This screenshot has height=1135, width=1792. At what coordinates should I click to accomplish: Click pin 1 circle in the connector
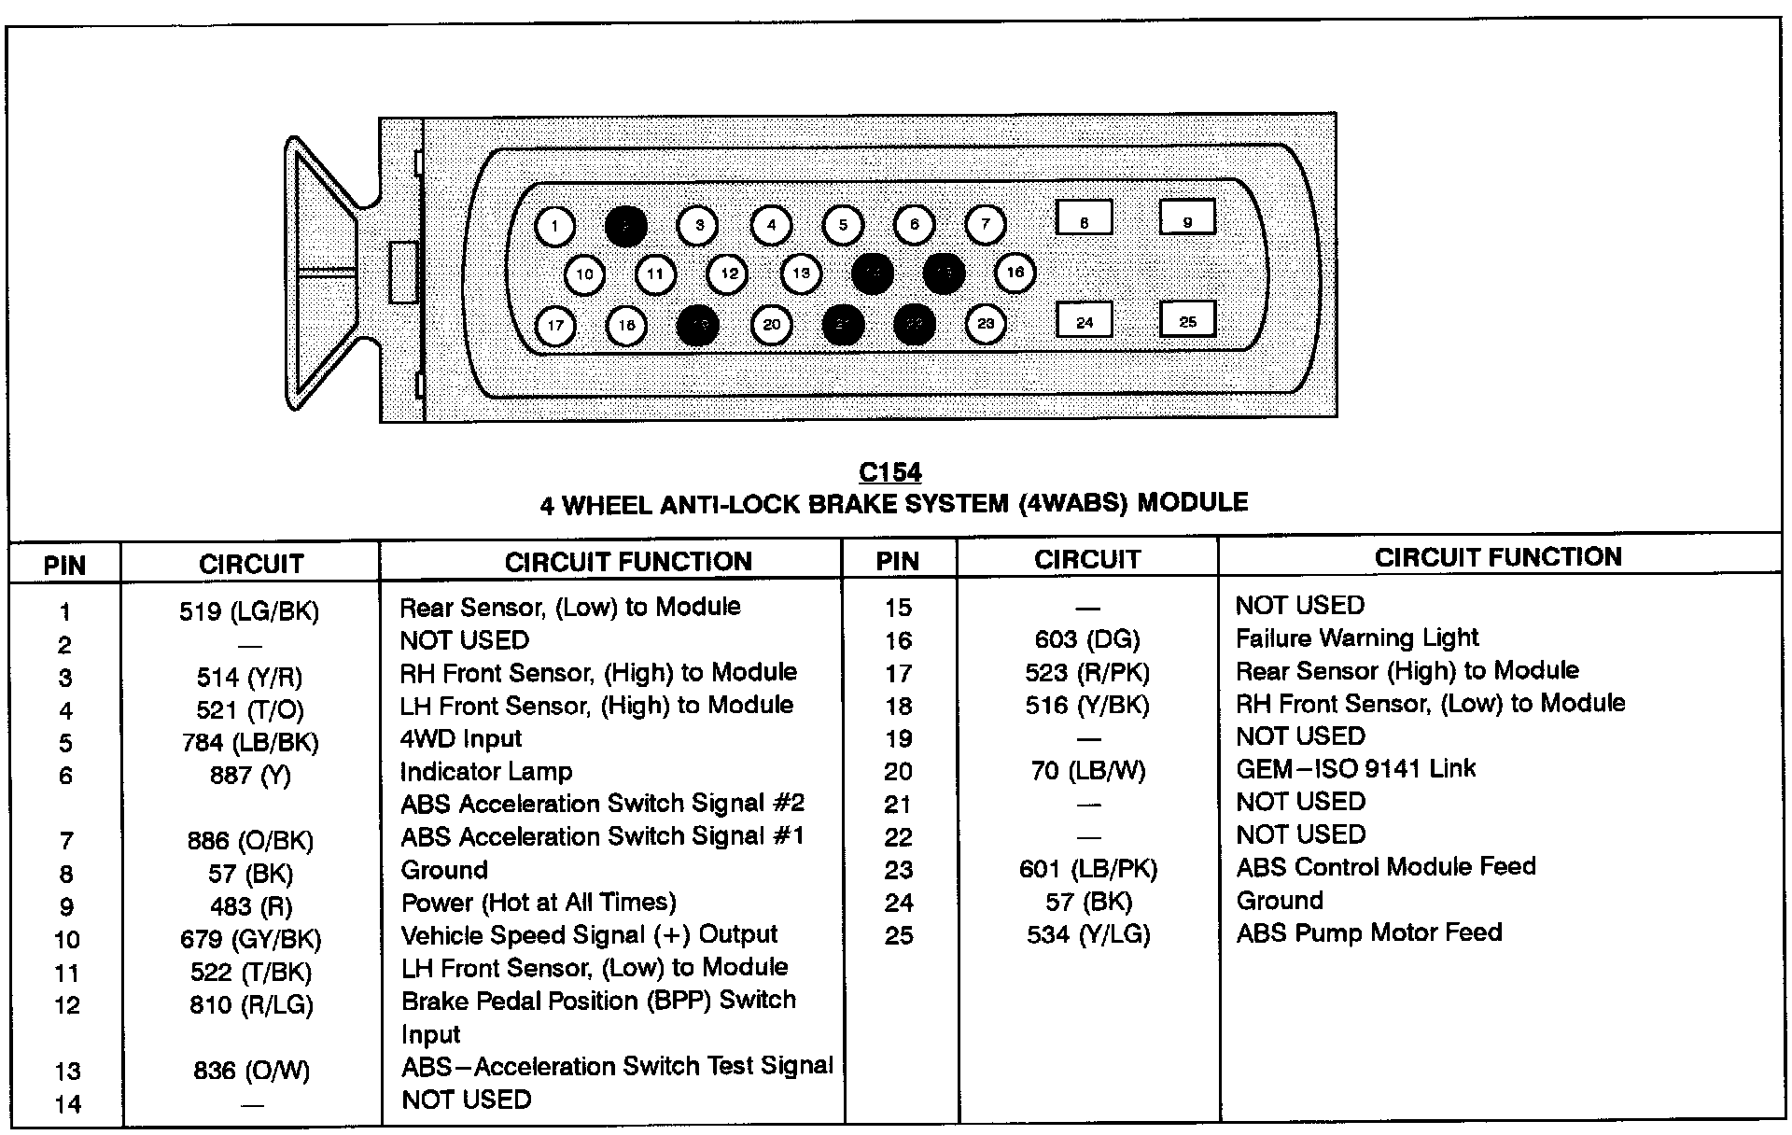pyautogui.click(x=555, y=226)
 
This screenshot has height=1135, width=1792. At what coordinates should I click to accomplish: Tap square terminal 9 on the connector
pyautogui.click(x=1187, y=217)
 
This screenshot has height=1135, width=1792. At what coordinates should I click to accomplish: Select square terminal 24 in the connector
pyautogui.click(x=1084, y=320)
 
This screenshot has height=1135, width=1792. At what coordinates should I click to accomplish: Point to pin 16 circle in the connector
pyautogui.click(x=1015, y=273)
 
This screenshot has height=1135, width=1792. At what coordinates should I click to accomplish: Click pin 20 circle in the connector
pyautogui.click(x=771, y=325)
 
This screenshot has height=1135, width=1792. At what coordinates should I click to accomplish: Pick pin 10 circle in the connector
pyautogui.click(x=584, y=274)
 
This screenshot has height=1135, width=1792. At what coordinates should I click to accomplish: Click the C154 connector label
pyautogui.click(x=890, y=472)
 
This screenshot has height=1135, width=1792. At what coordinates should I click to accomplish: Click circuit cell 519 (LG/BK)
pyautogui.click(x=249, y=611)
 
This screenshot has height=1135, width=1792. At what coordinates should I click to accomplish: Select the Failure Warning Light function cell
pyautogui.click(x=1356, y=638)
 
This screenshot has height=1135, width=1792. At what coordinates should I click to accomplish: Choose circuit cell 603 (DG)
pyautogui.click(x=1087, y=640)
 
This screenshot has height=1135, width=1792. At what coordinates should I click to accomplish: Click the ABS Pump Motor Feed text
pyautogui.click(x=1368, y=933)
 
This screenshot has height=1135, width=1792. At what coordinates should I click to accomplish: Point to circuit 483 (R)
pyautogui.click(x=250, y=906)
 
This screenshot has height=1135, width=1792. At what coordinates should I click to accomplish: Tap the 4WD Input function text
pyautogui.click(x=460, y=738)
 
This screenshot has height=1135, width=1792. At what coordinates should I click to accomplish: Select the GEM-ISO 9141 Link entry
pyautogui.click(x=1355, y=769)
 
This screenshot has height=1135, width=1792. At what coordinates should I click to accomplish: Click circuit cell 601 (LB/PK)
pyautogui.click(x=1087, y=870)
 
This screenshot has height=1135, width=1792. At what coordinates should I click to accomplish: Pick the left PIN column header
pyautogui.click(x=64, y=565)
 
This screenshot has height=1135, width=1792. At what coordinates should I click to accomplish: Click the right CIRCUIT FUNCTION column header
pyautogui.click(x=1498, y=557)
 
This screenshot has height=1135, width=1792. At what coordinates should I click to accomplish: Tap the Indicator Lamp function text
pyautogui.click(x=485, y=772)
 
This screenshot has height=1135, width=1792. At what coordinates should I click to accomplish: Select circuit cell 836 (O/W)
pyautogui.click(x=250, y=1071)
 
